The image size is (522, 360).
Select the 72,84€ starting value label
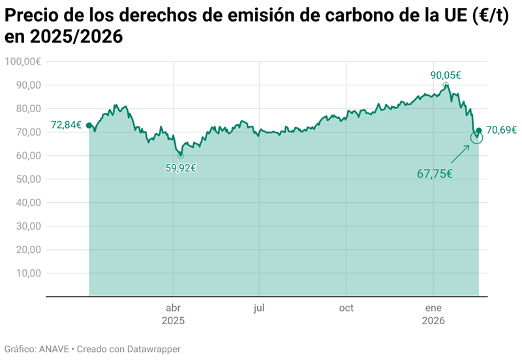coord(67,125)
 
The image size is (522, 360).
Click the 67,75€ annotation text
coord(435,173)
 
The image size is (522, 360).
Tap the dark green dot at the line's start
coord(89,125)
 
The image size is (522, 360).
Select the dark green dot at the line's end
coord(480,130)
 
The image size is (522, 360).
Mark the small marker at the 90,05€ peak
coord(446,85)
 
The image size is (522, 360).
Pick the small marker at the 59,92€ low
coord(180,156)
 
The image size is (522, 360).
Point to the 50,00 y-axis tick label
coord(27,179)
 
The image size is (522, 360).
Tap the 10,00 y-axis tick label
coord(27,273)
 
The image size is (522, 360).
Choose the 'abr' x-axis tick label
coord(174,308)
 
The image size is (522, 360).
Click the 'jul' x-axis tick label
coord(259,308)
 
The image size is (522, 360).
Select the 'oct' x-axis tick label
coord(346,308)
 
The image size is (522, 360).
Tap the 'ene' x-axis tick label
coord(433,308)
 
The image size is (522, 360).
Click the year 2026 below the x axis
coord(433,321)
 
